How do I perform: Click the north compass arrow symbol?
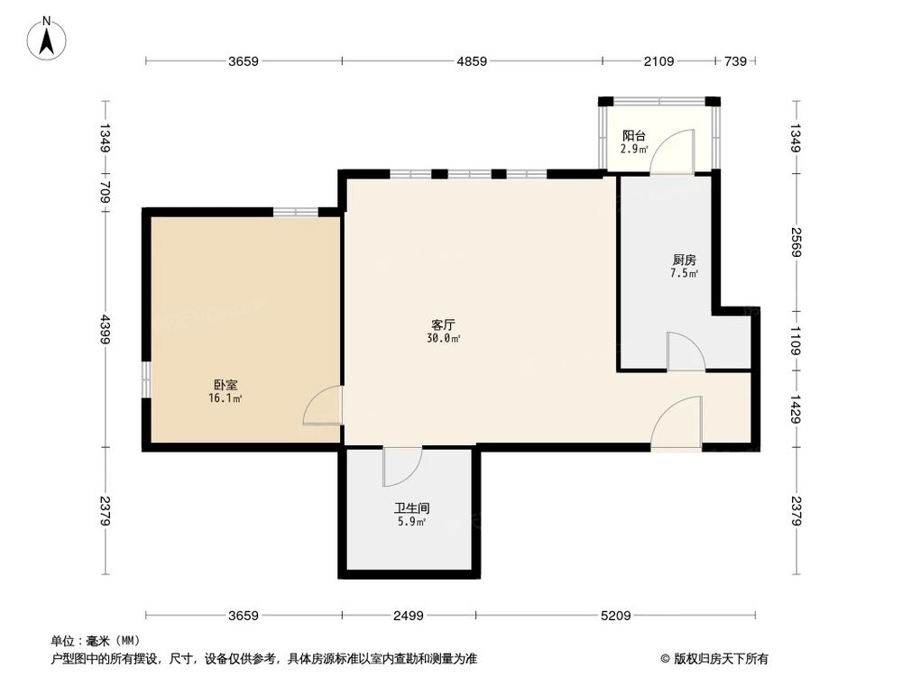pos(49,38)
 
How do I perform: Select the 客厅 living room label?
pos(443,324)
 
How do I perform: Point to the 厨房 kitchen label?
pos(684,259)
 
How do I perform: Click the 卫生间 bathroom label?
pos(410,507)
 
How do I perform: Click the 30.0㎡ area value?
pos(444,339)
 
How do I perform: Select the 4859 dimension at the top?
pos(472,61)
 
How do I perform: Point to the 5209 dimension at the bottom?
pos(615,616)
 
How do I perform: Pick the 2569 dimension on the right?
pos(796,242)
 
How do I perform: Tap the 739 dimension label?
pos(735,61)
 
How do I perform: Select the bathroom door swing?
pos(402,465)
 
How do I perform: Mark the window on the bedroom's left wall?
pos(145,379)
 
